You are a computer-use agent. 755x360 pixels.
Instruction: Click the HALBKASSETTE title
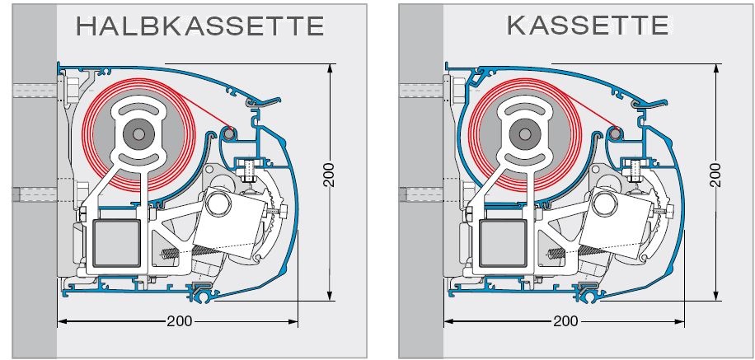[x=199, y=26]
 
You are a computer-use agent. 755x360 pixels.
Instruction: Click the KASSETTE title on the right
[x=588, y=26]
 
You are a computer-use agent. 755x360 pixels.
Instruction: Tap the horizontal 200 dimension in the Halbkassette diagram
[x=179, y=320]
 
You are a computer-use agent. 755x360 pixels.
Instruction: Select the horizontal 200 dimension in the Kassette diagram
[x=565, y=320]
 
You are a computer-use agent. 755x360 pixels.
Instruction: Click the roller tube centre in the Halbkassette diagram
[x=138, y=132]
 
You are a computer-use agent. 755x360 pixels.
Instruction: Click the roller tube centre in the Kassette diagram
[x=524, y=132]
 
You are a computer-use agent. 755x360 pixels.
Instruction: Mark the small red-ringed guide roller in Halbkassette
[x=228, y=133]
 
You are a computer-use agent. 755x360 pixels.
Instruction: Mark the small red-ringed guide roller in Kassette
[x=615, y=133]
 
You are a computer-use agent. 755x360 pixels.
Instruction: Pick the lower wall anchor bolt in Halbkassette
[x=33, y=195]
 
